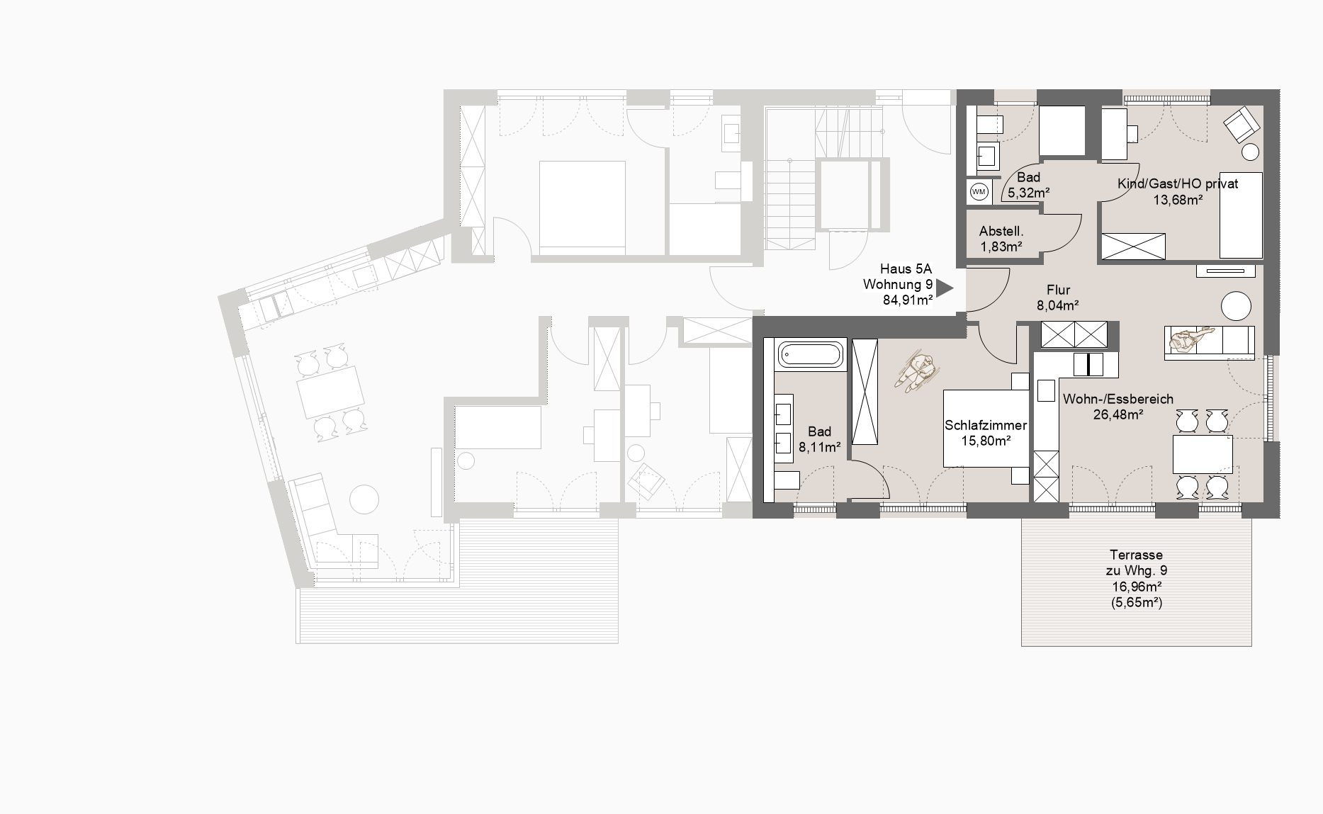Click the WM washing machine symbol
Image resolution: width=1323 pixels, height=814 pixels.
coord(979,192)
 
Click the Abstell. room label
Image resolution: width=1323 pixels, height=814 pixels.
coord(1001,231)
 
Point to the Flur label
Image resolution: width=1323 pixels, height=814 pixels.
coord(1058,290)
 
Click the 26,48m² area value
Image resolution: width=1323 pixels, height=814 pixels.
coord(1117,414)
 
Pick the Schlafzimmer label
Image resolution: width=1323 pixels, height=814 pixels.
coord(986,426)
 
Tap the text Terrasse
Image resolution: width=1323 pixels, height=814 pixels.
coord(1137,555)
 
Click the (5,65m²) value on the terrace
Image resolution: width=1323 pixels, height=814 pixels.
coord(1137,603)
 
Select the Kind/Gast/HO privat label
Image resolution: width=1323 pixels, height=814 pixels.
coord(1178,183)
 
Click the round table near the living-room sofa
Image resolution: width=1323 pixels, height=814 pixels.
coord(1237,307)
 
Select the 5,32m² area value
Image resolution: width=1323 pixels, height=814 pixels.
coord(1029,192)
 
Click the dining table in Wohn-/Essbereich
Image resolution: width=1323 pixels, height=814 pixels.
coord(1203,454)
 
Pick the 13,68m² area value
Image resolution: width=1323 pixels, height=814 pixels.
coord(1178,200)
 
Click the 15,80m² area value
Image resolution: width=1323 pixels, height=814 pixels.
coord(986,441)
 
